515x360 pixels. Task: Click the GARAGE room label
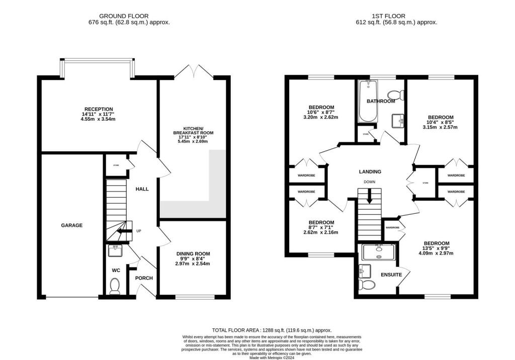[x=72, y=225]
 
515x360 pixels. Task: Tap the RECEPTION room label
[x=99, y=109]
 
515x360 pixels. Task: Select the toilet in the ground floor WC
[x=115, y=286]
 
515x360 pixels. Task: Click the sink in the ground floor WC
[x=114, y=248]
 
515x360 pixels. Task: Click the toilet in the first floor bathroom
[x=395, y=94]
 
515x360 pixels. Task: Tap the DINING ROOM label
[x=193, y=254]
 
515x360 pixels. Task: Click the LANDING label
[x=370, y=171]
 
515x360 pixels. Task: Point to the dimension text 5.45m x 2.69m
[x=193, y=141]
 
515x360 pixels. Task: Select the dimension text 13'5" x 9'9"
[x=436, y=248]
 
